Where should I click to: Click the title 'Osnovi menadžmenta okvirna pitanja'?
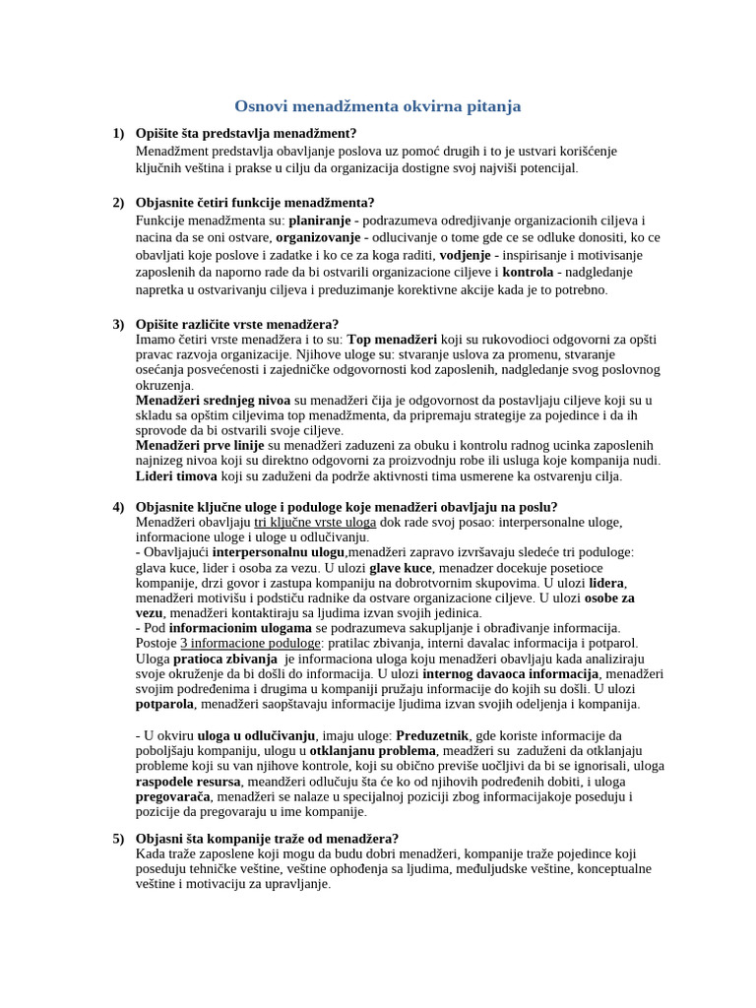378,106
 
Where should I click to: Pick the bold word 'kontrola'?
528,272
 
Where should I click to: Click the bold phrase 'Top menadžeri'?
393,340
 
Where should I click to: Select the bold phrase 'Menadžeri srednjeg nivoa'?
213,401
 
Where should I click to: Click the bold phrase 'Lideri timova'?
176,476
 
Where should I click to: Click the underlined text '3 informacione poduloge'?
235,643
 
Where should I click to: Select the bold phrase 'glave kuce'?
402,567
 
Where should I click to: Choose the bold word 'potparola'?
165,704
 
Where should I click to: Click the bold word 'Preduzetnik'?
432,735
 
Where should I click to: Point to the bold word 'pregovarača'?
172,796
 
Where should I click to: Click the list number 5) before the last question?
118,839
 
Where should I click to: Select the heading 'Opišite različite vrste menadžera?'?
237,324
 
